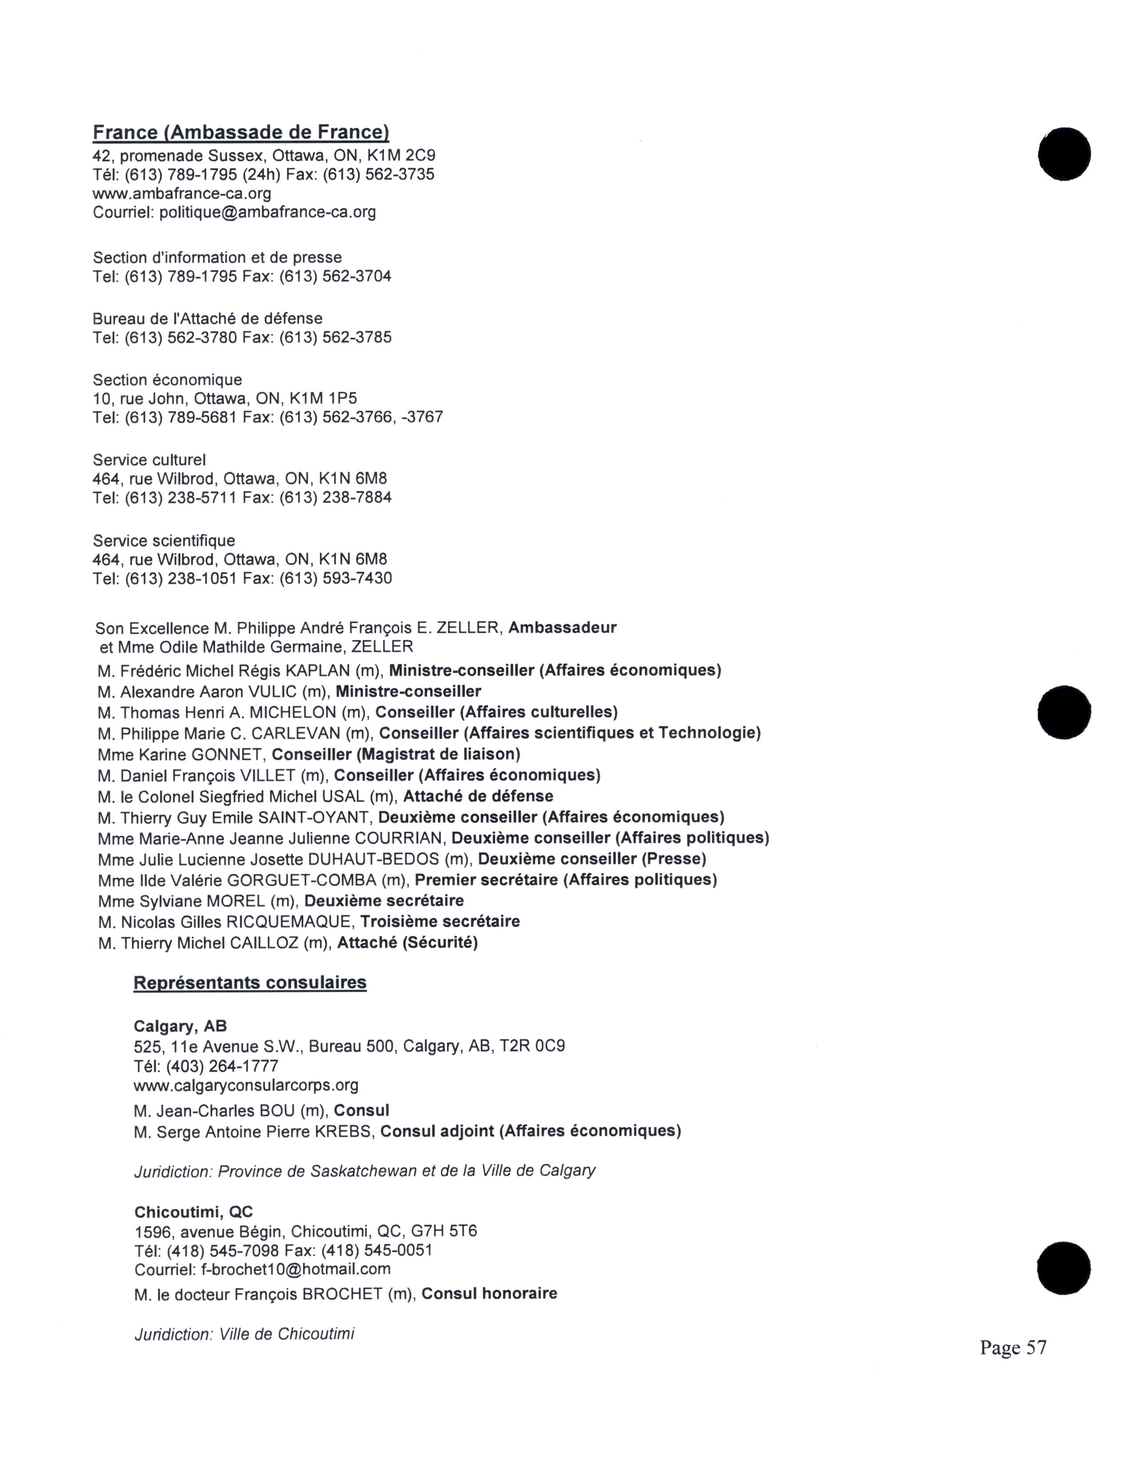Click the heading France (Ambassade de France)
241,132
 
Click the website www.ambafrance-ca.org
181,194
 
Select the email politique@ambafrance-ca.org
267,213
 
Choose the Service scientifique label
164,541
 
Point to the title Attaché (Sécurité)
407,943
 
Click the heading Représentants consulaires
250,983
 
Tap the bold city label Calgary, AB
180,1026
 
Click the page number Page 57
1013,1347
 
